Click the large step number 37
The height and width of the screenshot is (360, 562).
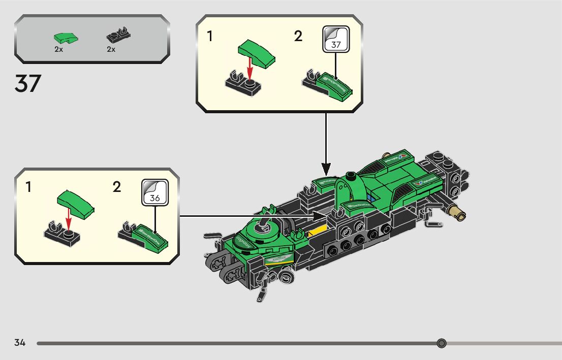pos(27,83)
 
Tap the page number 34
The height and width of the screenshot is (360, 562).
pos(20,343)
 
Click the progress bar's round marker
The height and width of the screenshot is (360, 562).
pos(441,343)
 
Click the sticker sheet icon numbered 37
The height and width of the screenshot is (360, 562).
pos(336,38)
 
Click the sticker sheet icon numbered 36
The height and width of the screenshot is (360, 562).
pos(154,191)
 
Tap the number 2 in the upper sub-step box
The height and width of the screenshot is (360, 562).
pos(298,37)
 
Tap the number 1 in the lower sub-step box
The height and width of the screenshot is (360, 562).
pos(28,187)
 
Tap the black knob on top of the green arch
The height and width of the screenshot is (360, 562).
pos(351,177)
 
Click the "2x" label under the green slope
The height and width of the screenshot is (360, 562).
pos(59,49)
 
